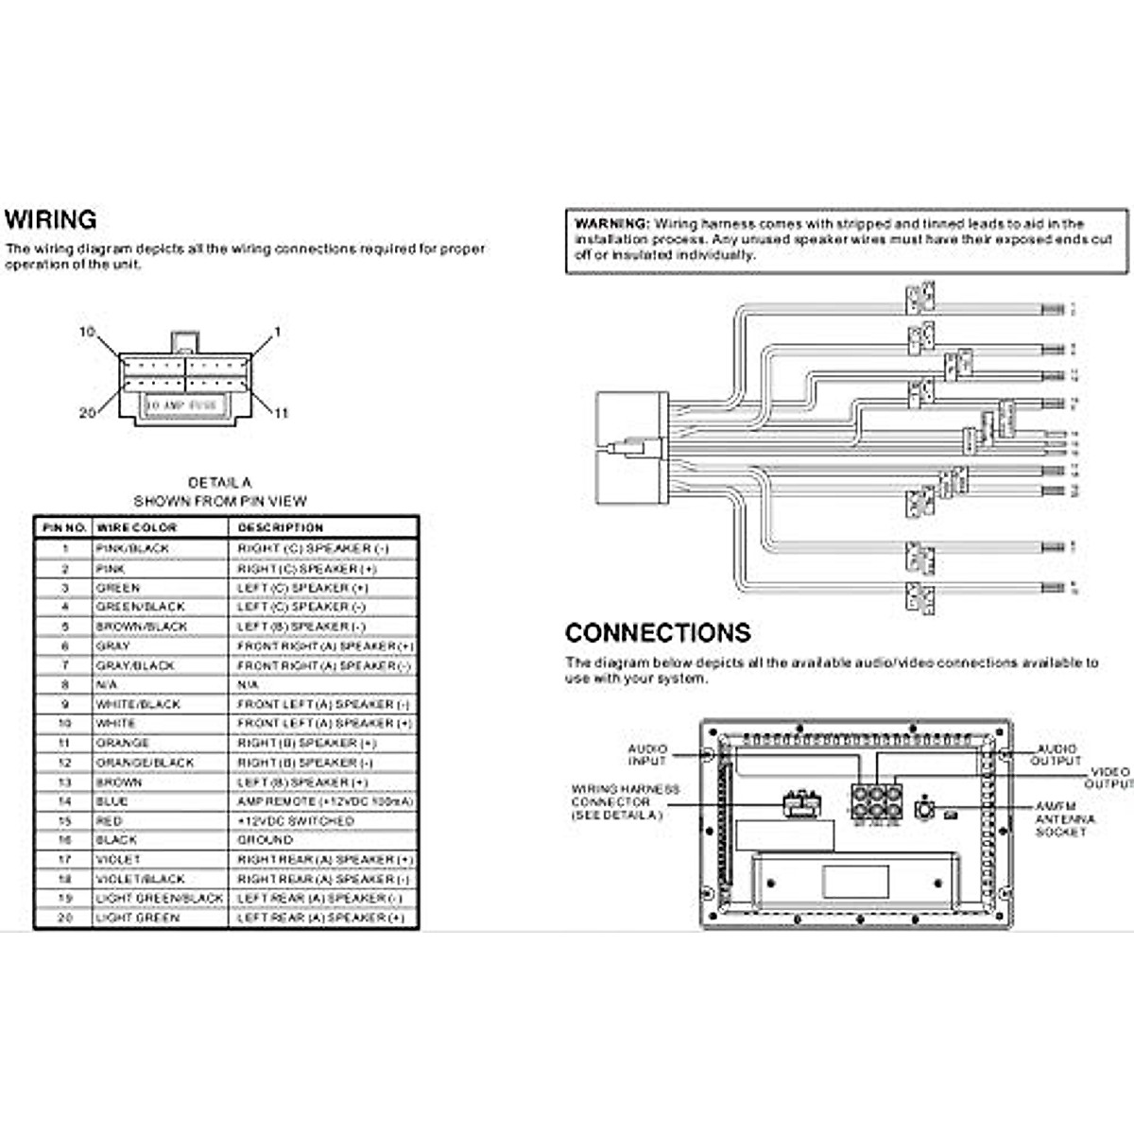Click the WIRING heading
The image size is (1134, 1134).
(x=51, y=220)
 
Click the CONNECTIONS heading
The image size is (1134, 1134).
(x=658, y=633)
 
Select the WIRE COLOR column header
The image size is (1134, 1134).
(x=136, y=527)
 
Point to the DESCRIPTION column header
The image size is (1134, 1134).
(x=280, y=527)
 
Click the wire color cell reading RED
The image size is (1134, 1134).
(x=109, y=821)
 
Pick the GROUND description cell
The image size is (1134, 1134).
(x=265, y=840)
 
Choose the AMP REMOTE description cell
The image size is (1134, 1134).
(x=324, y=801)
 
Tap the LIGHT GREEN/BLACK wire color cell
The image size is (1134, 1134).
(x=159, y=898)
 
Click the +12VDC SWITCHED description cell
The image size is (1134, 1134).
(x=295, y=821)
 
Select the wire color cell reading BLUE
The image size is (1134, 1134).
(x=112, y=801)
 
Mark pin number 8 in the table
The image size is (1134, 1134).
(x=65, y=684)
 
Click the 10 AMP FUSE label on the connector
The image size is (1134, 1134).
(x=181, y=405)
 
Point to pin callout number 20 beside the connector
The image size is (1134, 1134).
(x=87, y=413)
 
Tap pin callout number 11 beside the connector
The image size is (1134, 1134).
(x=281, y=413)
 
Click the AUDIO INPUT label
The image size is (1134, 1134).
(x=647, y=754)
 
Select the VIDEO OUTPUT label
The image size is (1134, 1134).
(x=1110, y=779)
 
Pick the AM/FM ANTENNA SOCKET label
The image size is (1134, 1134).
(x=1065, y=818)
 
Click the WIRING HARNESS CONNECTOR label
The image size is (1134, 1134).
(x=625, y=801)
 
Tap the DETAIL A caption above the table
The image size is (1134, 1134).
(x=219, y=483)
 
